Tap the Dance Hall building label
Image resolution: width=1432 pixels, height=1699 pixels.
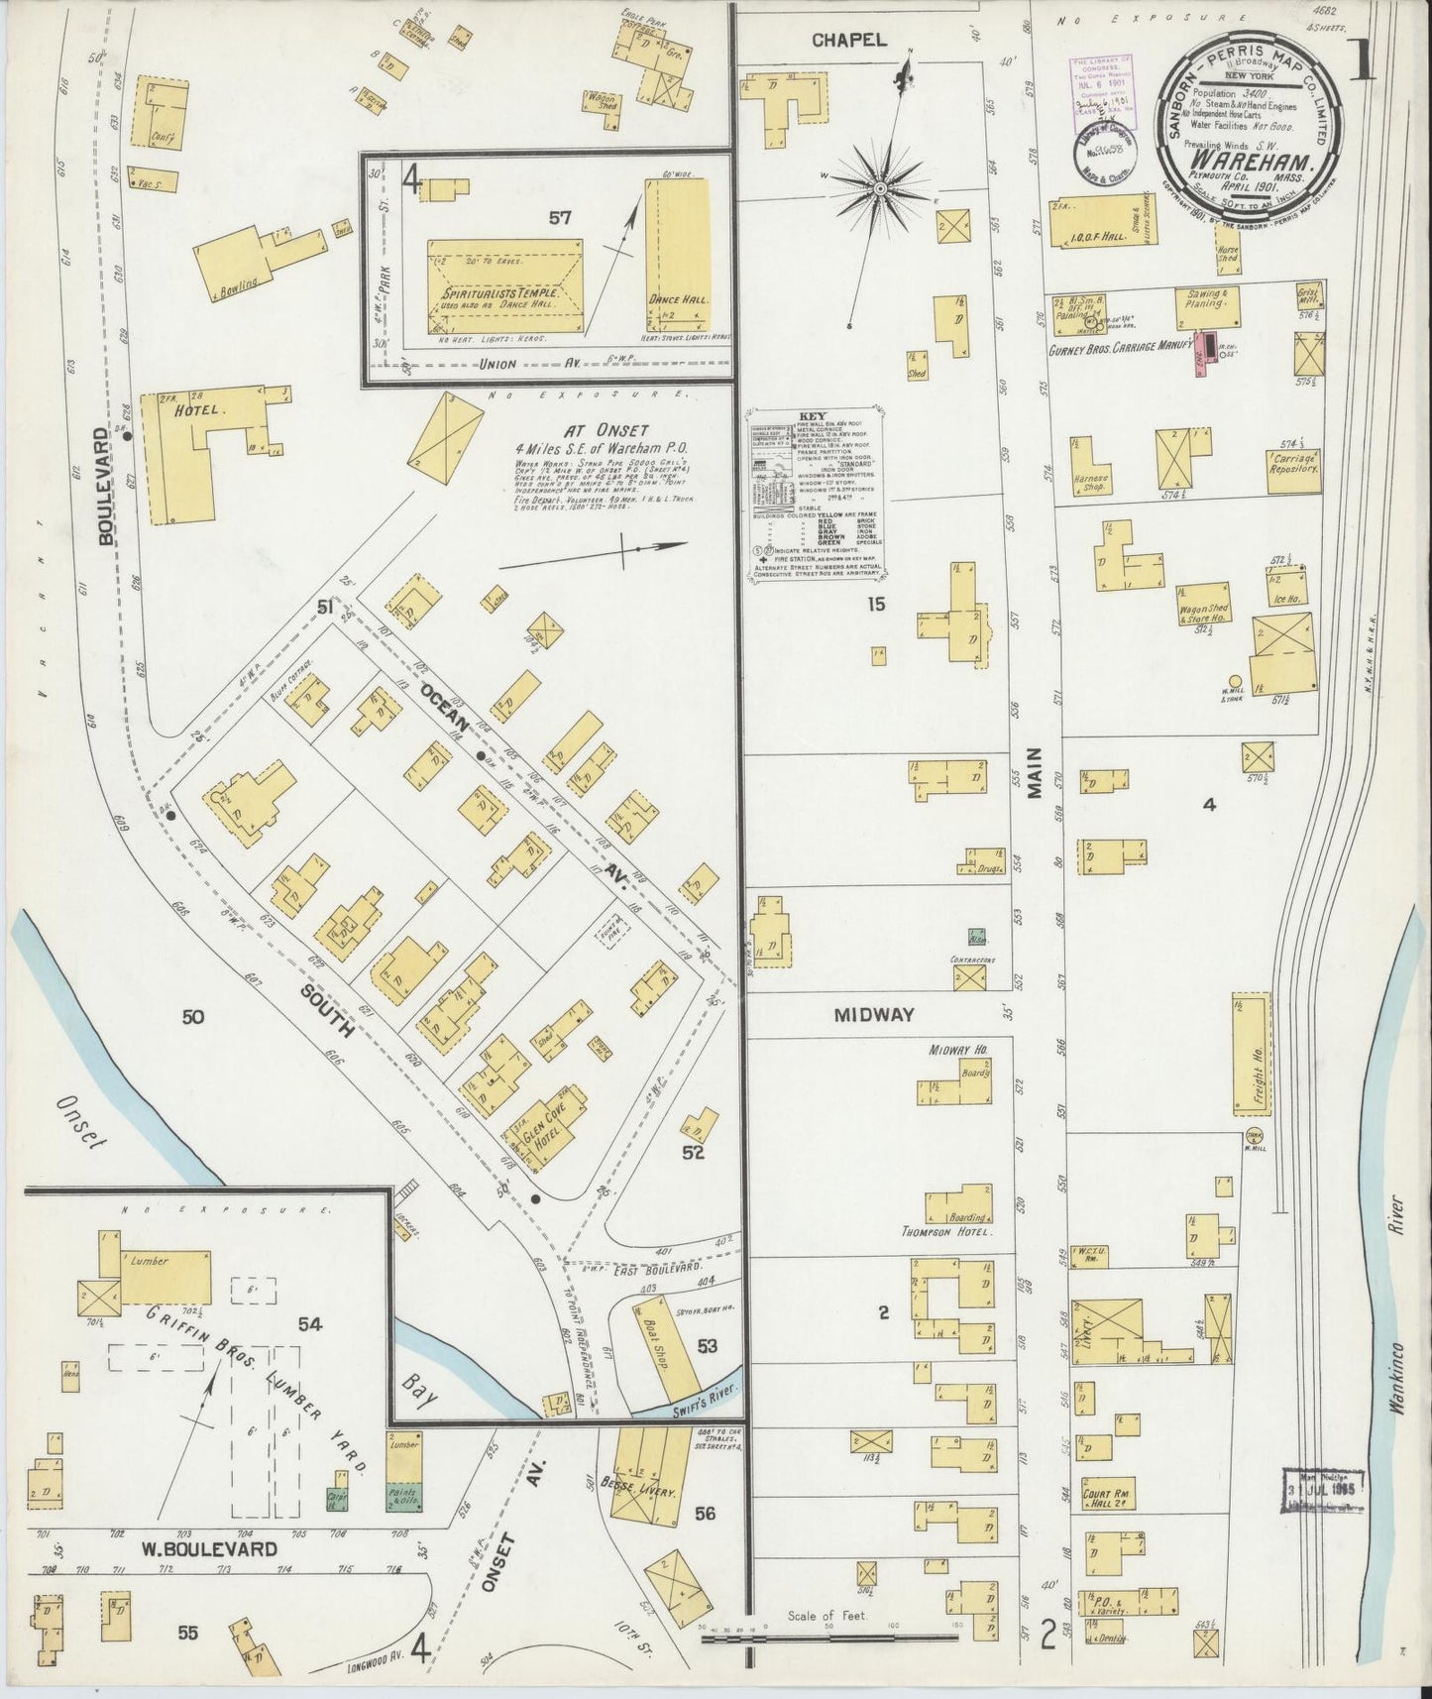point(668,298)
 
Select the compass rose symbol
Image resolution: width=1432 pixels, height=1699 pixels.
point(880,185)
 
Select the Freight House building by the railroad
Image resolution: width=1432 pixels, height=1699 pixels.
point(1252,1054)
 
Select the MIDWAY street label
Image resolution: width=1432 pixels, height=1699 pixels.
point(873,1015)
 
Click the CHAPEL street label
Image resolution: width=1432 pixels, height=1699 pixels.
point(848,41)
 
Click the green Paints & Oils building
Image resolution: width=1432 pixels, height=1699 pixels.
point(403,1497)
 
